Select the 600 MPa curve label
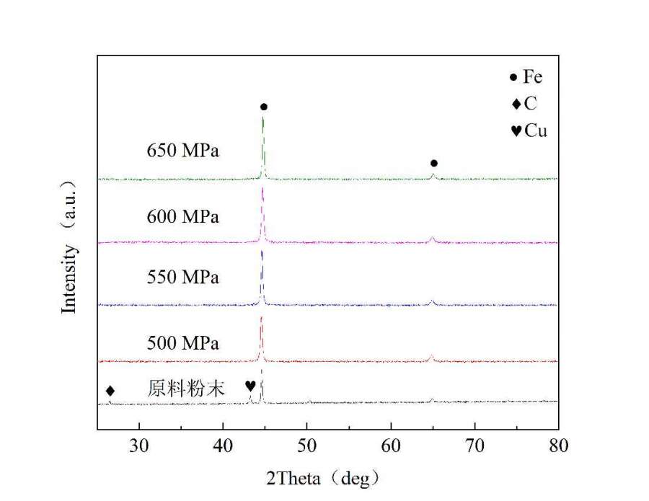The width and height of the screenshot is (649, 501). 182,217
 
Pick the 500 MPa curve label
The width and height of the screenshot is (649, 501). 182,341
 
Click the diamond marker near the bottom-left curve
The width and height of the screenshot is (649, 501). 110,391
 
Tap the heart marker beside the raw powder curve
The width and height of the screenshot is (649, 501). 250,386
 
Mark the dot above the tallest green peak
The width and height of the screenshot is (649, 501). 264,107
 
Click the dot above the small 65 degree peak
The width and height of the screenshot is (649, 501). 433,164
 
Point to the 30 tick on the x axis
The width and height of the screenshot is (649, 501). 138,445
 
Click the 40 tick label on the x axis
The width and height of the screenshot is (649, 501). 223,445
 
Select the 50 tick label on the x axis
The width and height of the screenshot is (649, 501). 307,445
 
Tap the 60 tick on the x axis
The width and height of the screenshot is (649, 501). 391,445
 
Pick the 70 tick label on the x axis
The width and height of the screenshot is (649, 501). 475,445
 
